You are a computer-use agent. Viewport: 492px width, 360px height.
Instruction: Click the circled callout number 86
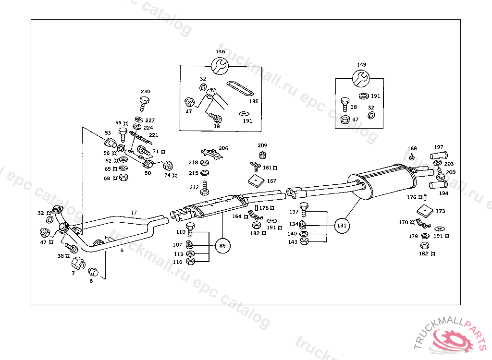[x=222, y=245]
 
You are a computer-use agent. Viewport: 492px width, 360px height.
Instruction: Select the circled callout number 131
[x=341, y=225]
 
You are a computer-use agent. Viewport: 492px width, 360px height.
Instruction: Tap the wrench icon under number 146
[x=220, y=65]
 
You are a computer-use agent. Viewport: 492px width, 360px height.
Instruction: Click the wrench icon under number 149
[x=361, y=77]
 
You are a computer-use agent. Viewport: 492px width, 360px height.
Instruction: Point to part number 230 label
[x=145, y=91]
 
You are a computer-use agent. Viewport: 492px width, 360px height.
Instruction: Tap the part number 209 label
[x=262, y=145]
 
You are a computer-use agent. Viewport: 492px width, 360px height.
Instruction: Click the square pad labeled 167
[x=257, y=180]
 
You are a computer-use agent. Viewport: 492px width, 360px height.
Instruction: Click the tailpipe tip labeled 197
[x=437, y=156]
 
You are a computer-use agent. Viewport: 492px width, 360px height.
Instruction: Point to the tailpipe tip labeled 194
[x=438, y=185]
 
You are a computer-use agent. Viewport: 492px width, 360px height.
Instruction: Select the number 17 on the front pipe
[x=134, y=212]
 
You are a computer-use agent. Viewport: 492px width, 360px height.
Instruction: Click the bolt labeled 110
[x=190, y=230]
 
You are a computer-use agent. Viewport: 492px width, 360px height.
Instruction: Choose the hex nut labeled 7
[x=78, y=263]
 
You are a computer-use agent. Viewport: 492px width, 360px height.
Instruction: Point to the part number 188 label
[x=412, y=148]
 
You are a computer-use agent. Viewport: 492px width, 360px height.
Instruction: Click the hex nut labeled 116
[x=190, y=262]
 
